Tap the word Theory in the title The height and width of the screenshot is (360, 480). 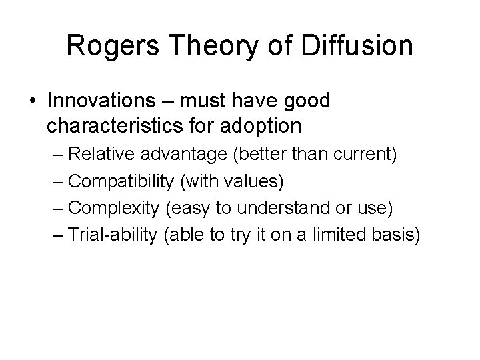tap(204, 46)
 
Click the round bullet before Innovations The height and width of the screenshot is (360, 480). tap(33, 101)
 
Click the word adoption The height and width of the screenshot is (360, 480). tap(262, 125)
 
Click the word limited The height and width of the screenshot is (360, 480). tap(344, 234)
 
